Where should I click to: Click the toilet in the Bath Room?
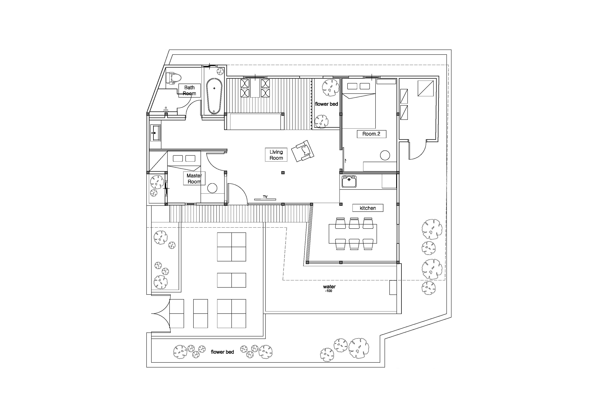(173, 78)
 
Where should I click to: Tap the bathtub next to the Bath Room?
(214, 96)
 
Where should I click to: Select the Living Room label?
(276, 155)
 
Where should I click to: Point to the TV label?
(265, 197)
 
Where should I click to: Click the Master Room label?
(194, 179)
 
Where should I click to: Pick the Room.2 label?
(371, 134)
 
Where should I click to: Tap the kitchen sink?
(349, 181)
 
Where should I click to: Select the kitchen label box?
(368, 208)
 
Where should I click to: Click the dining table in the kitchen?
(353, 234)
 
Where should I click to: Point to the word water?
(330, 286)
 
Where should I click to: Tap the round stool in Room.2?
(385, 155)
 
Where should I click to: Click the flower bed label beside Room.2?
(326, 104)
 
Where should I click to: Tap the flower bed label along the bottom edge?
(222, 352)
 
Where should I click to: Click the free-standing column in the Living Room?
(283, 173)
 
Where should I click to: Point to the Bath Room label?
(189, 90)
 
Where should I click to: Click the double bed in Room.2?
(359, 104)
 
